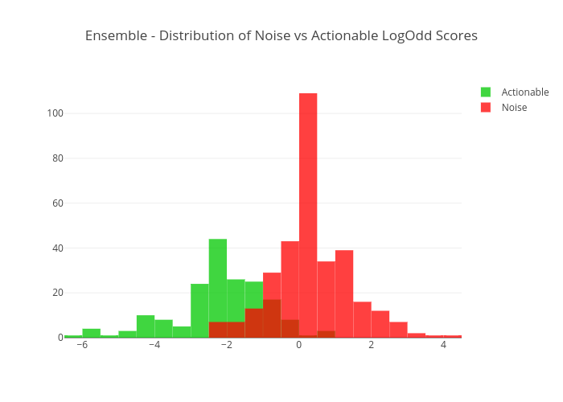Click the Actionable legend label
524,92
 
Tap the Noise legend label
514,108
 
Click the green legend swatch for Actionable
486,92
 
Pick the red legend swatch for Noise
486,108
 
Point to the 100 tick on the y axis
55,113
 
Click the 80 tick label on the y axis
57,158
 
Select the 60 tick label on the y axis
57,203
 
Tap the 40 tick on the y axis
57,248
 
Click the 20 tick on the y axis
57,293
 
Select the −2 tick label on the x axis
225,346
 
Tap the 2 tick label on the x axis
371,346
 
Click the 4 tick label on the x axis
443,346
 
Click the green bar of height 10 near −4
146,326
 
